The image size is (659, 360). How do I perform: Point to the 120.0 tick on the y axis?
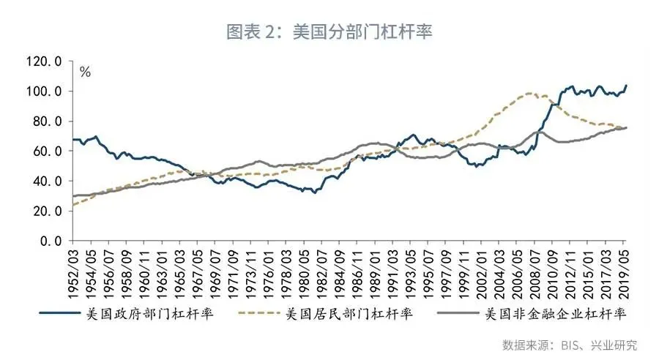[45, 61]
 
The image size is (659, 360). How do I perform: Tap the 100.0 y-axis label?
[45, 91]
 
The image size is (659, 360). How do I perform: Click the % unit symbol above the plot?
[85, 72]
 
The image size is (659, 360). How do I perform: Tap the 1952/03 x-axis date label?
[74, 271]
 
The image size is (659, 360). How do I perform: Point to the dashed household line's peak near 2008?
[529, 94]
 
